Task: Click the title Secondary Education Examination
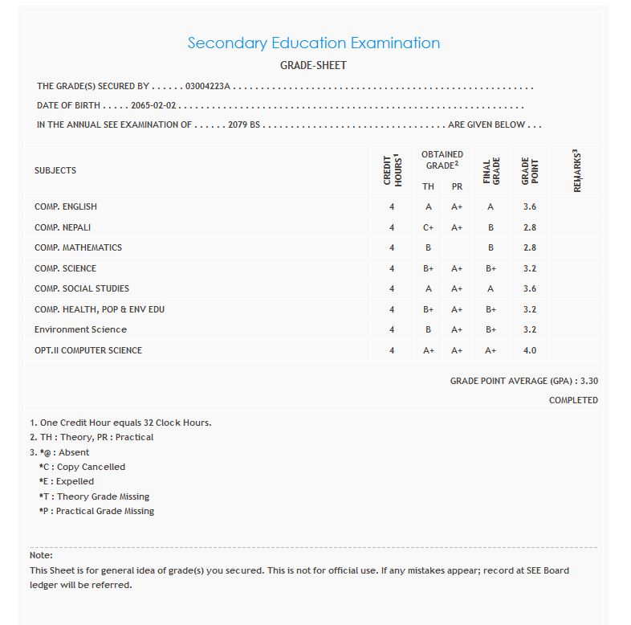coord(313,43)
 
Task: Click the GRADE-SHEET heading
coord(313,65)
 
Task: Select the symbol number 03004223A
coord(207,86)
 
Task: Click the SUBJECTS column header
coord(55,170)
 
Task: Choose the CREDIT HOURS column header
coord(392,170)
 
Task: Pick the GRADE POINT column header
coord(530,170)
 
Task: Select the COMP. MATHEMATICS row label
coord(78,247)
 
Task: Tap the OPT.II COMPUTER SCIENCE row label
coord(88,350)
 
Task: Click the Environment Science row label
coord(80,329)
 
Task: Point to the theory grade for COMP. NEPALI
coord(429,227)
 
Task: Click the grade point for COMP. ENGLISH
coord(530,206)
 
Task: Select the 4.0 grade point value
coord(530,350)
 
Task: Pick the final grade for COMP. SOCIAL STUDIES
coord(490,288)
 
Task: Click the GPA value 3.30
coord(589,381)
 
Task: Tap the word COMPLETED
coord(573,400)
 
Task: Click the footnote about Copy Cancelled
coord(82,467)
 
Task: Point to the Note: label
coord(41,555)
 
